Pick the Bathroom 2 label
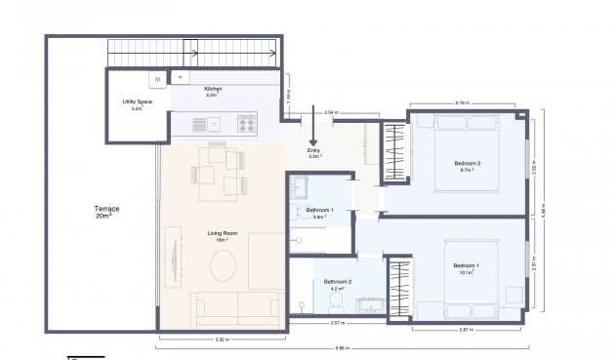tap(338, 284)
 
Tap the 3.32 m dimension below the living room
tap(222, 339)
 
